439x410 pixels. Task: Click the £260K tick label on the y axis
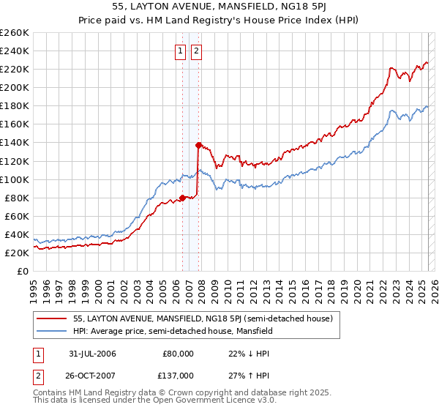tap(14, 33)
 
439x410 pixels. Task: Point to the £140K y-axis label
tap(14, 143)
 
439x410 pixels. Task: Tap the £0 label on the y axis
tap(23, 271)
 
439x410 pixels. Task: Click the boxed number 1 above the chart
tap(181, 51)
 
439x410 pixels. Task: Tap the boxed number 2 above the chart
tap(197, 51)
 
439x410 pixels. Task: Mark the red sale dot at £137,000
tap(198, 145)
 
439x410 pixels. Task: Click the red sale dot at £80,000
tap(182, 197)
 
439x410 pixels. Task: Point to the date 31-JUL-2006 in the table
tap(90, 354)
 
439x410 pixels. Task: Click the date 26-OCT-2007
tap(90, 375)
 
